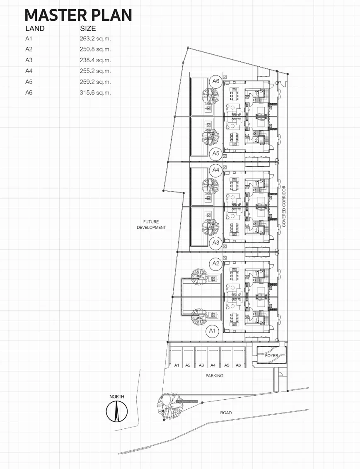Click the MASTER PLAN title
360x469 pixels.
point(78,15)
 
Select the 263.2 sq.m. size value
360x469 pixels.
point(95,39)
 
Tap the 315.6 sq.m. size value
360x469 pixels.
point(95,93)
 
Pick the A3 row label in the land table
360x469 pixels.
point(29,60)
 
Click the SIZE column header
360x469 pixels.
point(88,29)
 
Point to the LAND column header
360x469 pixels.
point(35,29)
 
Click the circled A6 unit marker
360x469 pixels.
point(216,81)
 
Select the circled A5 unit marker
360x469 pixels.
point(216,154)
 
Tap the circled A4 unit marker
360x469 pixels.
point(216,170)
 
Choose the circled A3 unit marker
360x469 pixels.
point(216,243)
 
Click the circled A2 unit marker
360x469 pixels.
point(216,263)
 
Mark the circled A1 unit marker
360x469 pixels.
point(212,331)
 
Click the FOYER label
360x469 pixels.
point(272,356)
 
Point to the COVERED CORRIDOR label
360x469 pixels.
point(284,207)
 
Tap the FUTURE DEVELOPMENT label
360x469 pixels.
point(151,225)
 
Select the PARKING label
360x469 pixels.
point(215,376)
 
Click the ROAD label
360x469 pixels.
point(226,413)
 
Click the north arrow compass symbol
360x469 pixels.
point(117,411)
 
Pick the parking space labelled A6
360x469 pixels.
point(238,357)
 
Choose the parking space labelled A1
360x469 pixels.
point(176,357)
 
